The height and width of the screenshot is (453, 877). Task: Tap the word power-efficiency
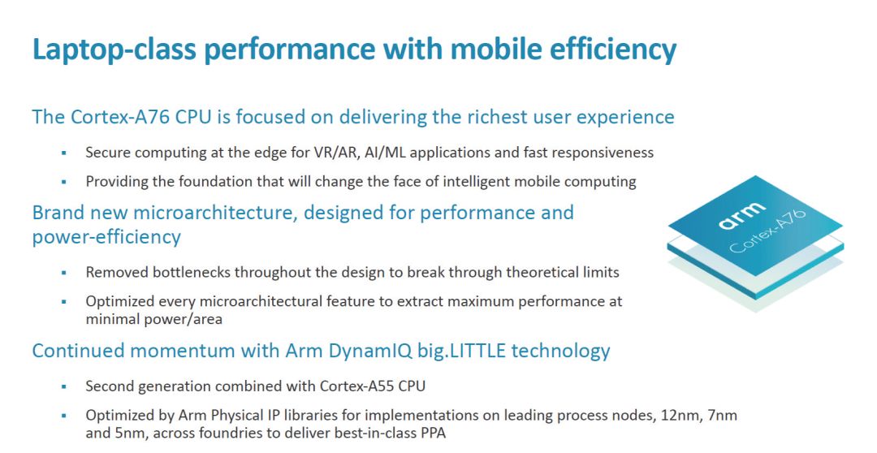[x=106, y=237]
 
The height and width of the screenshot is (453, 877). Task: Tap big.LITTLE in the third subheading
[x=462, y=351]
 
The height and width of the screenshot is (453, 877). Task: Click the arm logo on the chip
[x=742, y=215]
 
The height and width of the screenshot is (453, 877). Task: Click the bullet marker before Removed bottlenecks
[x=64, y=273]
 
